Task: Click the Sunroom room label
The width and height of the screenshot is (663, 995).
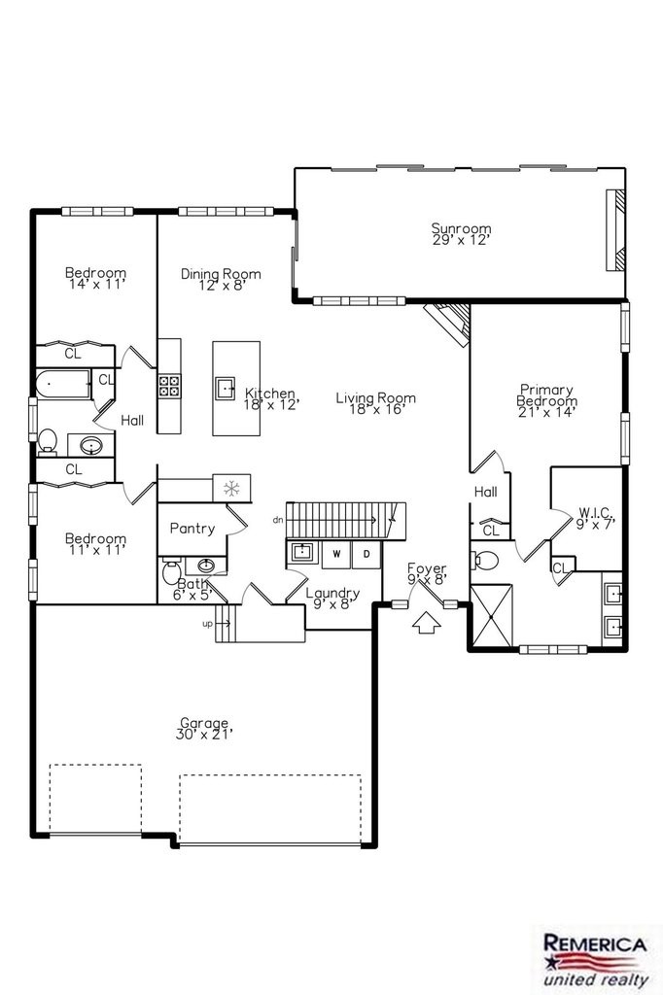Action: pos(461,233)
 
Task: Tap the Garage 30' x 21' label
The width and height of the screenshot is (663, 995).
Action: pos(204,729)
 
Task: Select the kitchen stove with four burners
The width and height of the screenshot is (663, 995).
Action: pos(169,386)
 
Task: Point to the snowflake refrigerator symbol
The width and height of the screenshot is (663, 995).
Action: pos(231,488)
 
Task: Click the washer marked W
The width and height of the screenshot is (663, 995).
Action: pos(336,554)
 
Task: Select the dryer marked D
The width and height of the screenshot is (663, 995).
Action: pos(366,554)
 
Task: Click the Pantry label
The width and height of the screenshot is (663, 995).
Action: pos(192,529)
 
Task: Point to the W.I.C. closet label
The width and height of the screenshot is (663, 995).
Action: pos(595,517)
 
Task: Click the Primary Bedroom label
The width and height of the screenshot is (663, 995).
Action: pos(546,400)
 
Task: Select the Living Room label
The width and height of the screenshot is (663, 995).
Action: pos(376,403)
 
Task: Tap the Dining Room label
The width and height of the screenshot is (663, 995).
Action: pos(221,279)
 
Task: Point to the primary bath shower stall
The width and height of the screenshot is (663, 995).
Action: pos(491,615)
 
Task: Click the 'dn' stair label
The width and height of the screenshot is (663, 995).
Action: pos(277,521)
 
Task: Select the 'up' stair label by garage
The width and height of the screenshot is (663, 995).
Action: pos(208,624)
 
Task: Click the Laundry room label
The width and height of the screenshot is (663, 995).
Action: pos(332,599)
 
